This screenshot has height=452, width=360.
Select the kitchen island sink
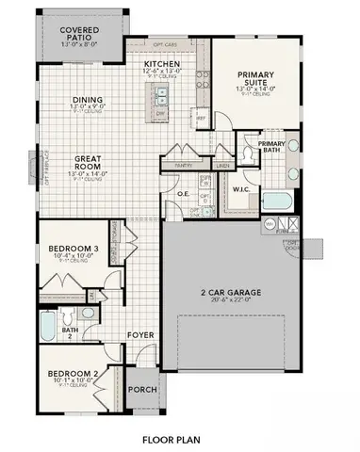tap(161, 94)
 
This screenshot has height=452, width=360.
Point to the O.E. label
tap(185, 195)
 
